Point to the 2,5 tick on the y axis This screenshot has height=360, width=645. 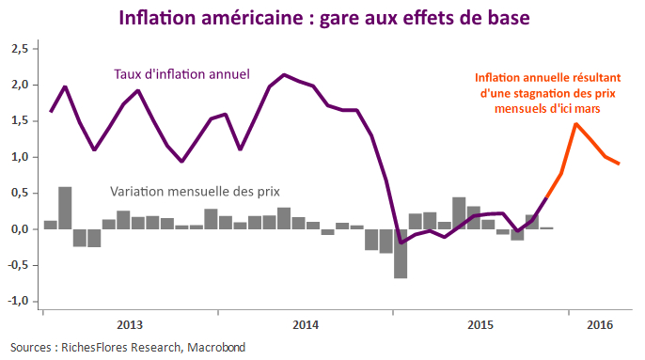(20, 48)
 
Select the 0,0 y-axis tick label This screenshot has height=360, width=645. (20, 229)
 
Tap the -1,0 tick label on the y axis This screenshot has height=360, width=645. (18, 302)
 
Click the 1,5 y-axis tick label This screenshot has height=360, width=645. (20, 120)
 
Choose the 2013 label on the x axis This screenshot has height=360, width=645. (130, 325)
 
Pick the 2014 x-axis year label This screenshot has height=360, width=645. (306, 325)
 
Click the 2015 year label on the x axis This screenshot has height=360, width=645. (480, 325)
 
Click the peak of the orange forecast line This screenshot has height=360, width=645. (576, 124)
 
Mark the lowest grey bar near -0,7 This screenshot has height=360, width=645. (401, 253)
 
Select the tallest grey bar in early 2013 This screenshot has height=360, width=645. (65, 208)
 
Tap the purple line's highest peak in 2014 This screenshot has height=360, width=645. (284, 74)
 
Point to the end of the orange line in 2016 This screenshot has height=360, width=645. (619, 164)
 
